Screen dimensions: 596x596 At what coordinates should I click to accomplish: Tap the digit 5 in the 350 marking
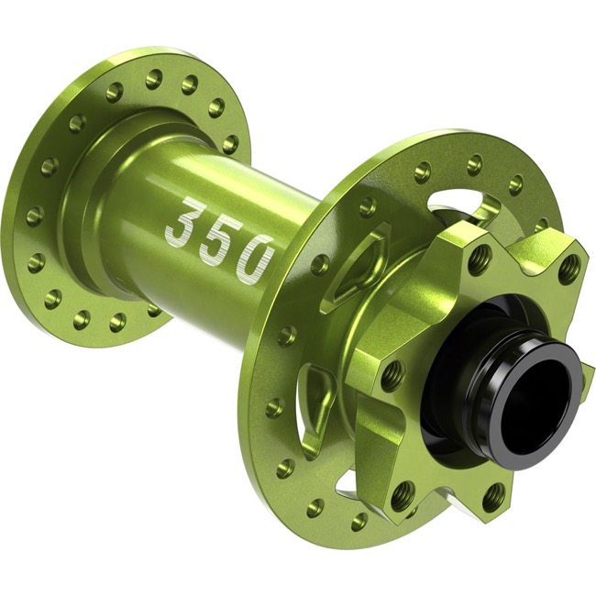click(217, 237)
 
